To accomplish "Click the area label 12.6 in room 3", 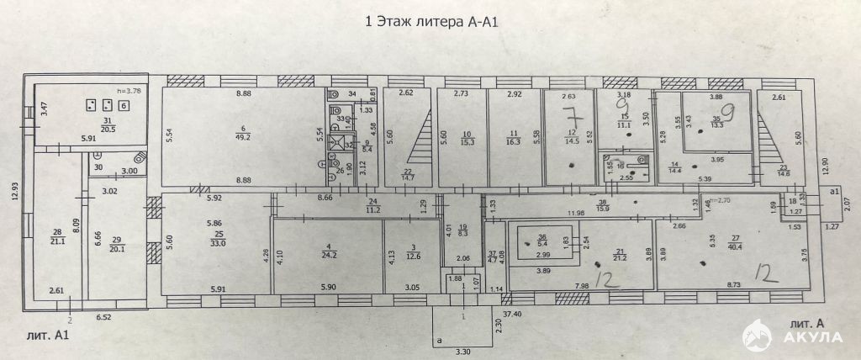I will tap(412, 257).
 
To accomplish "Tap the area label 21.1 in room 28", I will tap(56, 239).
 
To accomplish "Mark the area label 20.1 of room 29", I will tap(117, 248).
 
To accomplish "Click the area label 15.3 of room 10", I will tap(467, 141).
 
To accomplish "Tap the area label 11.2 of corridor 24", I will tap(373, 209).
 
